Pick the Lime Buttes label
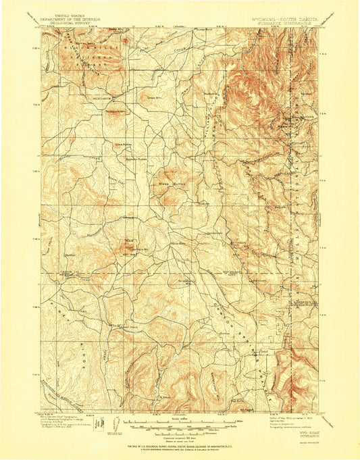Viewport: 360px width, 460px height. coord(123,144)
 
